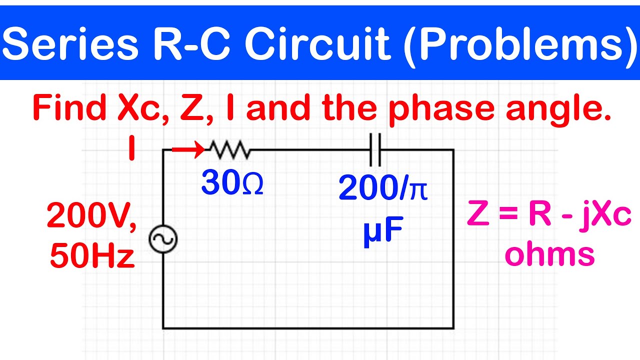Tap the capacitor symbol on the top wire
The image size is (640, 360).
click(375, 149)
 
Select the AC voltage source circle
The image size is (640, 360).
click(163, 239)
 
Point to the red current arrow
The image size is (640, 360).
click(188, 149)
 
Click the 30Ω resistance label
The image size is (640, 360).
click(232, 183)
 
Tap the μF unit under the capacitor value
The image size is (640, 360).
click(383, 230)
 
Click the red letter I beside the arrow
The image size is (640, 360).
click(131, 148)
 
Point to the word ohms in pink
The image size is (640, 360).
click(549, 253)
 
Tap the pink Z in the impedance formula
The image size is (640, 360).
click(478, 213)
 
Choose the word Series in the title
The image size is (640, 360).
click(70, 43)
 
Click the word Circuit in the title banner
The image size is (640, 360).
click(317, 43)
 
